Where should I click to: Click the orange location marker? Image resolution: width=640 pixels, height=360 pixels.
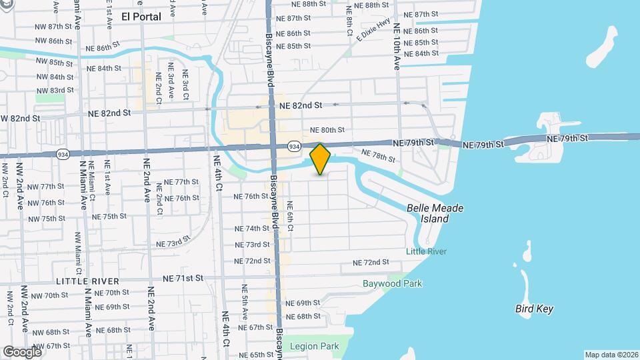tap(321, 159)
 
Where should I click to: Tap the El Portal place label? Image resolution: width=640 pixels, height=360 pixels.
tap(141, 17)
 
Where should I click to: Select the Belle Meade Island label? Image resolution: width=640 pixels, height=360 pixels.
tap(435, 213)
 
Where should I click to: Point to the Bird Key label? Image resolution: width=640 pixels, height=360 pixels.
tap(535, 309)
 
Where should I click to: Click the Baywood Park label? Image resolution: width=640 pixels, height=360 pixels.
tap(392, 283)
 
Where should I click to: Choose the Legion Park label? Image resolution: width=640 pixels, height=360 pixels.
tap(315, 346)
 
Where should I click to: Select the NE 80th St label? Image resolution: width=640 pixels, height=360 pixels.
tap(327, 130)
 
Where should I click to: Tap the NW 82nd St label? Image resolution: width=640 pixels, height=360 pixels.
tap(20, 118)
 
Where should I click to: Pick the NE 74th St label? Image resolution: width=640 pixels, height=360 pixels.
tap(252, 228)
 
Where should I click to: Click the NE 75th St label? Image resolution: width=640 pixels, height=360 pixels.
tap(109, 217)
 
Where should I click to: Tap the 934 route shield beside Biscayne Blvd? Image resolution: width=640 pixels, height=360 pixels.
tap(293, 145)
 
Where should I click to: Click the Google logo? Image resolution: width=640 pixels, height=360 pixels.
tap(21, 351)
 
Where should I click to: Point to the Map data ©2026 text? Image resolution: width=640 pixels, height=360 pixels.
tap(611, 355)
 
